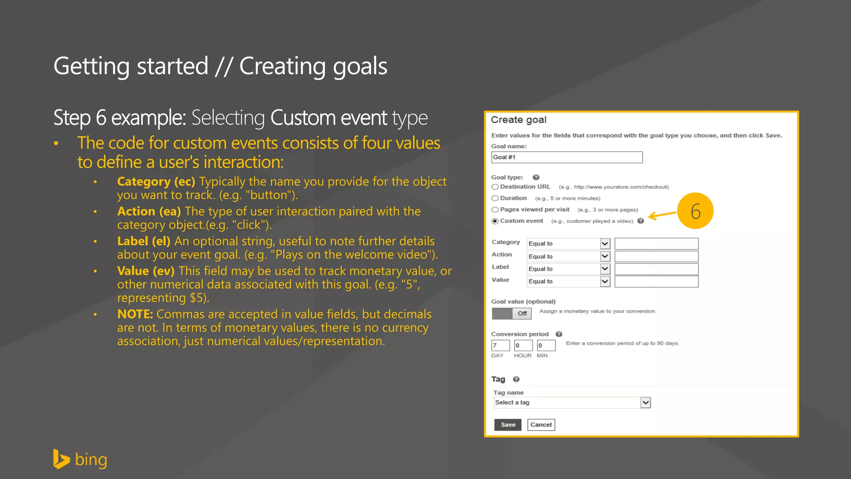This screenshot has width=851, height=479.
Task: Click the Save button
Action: click(x=507, y=425)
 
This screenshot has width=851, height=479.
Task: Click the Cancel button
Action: click(x=541, y=425)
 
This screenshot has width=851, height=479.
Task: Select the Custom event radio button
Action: click(x=495, y=221)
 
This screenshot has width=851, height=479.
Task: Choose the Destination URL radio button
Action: click(x=495, y=187)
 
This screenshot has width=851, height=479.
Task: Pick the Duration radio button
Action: click(x=495, y=198)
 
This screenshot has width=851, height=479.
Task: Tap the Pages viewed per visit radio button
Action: click(x=495, y=210)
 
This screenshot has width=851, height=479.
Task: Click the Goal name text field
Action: click(x=566, y=157)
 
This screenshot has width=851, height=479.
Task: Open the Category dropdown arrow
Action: click(x=605, y=244)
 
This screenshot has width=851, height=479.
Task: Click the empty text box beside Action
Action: click(x=656, y=257)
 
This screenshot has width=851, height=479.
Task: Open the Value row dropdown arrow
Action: click(x=605, y=281)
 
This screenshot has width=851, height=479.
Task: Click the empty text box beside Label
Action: click(x=656, y=269)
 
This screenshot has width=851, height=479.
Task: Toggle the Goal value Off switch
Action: click(x=512, y=314)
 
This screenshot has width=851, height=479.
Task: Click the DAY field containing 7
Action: click(x=500, y=346)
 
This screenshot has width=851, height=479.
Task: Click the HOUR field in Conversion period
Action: click(x=523, y=346)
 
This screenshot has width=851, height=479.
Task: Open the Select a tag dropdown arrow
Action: click(x=645, y=402)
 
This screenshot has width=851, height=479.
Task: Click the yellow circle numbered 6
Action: click(x=695, y=211)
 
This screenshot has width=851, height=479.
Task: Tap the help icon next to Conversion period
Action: click(x=559, y=334)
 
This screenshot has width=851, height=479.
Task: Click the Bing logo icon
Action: click(x=61, y=459)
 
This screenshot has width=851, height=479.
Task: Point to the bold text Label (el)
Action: click(x=144, y=241)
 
